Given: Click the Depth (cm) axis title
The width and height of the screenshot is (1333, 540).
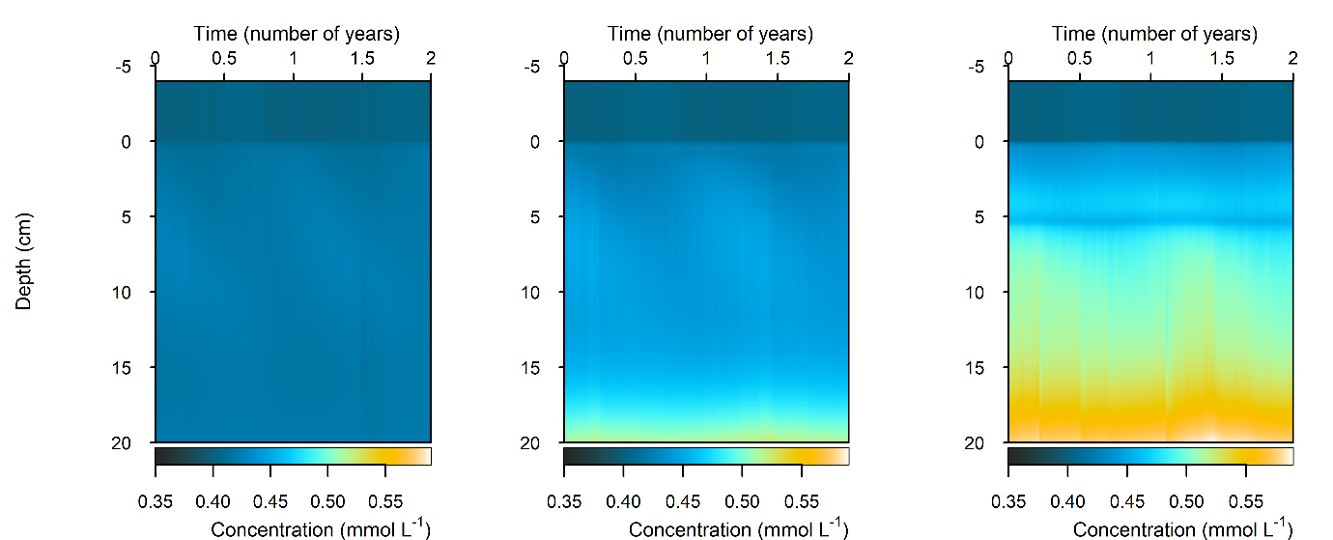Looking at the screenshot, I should pos(24,261).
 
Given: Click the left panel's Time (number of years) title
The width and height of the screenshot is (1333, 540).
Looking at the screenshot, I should pos(297,34).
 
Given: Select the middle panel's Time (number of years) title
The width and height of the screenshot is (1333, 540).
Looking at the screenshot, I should pos(710,34).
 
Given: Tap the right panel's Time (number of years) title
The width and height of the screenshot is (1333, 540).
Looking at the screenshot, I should pos(1154,34).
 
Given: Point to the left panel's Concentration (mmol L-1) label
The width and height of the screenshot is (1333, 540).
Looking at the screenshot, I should pos(320,528).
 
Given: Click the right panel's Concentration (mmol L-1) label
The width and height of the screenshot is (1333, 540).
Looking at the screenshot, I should pos(1182,528).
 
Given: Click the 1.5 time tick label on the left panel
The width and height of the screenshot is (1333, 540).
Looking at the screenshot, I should pos(362,58).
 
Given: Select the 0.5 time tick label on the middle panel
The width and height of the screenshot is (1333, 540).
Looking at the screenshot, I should pos(635,58).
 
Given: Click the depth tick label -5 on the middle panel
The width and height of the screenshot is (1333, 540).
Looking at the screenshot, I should pos(531,68).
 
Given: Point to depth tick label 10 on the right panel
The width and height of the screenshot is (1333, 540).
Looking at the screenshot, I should pos(976,292).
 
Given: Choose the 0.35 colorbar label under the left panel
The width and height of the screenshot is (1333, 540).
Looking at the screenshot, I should pos(155,502).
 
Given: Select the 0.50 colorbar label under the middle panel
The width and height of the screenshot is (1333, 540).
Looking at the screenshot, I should pos(742,502).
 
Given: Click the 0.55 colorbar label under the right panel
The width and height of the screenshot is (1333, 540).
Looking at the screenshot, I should pos(1246,502).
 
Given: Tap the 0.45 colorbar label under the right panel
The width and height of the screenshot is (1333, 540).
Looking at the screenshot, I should pos(1127,502).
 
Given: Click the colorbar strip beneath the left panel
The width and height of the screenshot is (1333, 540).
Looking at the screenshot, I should pos(293,456).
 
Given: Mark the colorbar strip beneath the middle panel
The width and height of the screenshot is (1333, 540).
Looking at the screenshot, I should pos(706,456).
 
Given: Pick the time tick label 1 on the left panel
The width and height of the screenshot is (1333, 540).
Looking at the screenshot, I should pos(294,58).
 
